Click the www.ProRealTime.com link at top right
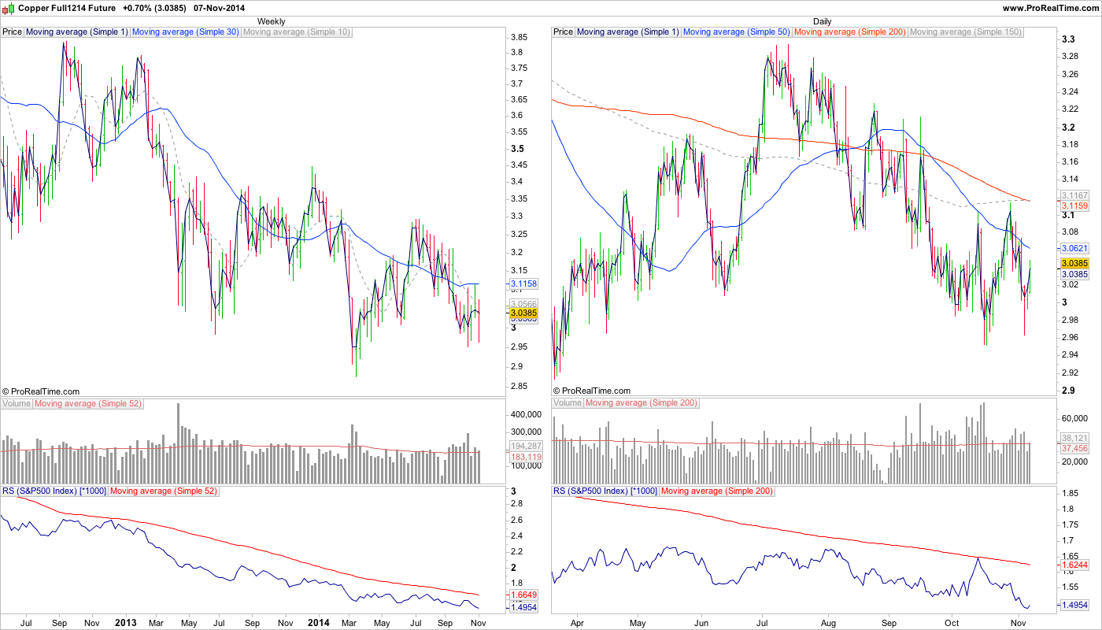coord(1050,7)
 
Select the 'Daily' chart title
coord(822,21)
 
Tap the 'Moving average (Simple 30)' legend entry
coord(186,32)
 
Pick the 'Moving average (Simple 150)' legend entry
coord(965,32)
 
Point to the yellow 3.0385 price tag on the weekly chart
coord(523,313)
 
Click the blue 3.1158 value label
coord(524,283)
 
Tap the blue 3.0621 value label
coord(1074,248)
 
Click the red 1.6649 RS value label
coord(523,595)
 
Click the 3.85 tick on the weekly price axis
coord(519,37)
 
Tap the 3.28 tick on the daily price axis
coord(1070,57)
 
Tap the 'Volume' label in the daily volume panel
coord(568,403)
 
